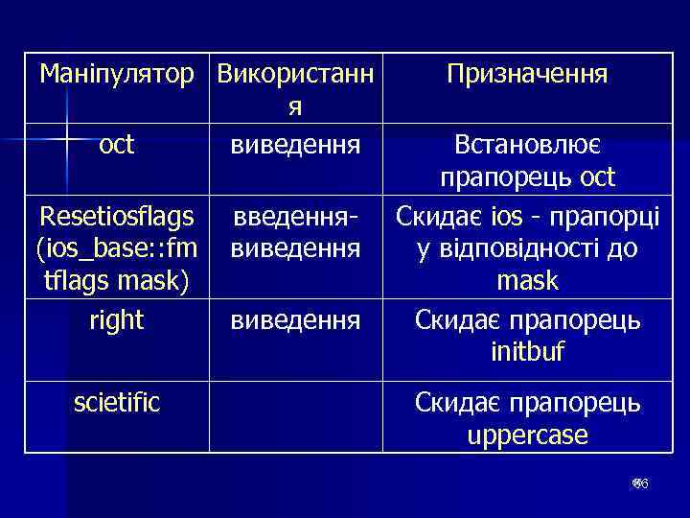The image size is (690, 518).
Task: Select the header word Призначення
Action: pyautogui.click(x=526, y=74)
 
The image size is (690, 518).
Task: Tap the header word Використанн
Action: pyautogui.click(x=296, y=74)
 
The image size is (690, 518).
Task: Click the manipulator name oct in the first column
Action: pyautogui.click(x=116, y=145)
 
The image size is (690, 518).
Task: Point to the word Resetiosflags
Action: pyautogui.click(x=117, y=217)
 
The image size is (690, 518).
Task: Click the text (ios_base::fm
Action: pyautogui.click(x=117, y=249)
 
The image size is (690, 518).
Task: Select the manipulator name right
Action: pyautogui.click(x=116, y=319)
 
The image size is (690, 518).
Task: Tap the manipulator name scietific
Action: pyautogui.click(x=117, y=402)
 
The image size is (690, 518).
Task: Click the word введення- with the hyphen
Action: pyautogui.click(x=296, y=217)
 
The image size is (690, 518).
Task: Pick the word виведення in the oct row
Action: pyautogui.click(x=296, y=145)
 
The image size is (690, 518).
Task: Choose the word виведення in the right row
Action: pyautogui.click(x=296, y=319)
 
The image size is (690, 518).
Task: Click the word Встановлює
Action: pyautogui.click(x=527, y=145)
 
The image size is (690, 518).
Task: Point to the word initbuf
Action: pyautogui.click(x=527, y=352)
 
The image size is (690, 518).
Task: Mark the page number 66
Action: pyautogui.click(x=641, y=484)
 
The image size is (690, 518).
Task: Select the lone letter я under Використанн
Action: pyautogui.click(x=296, y=107)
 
